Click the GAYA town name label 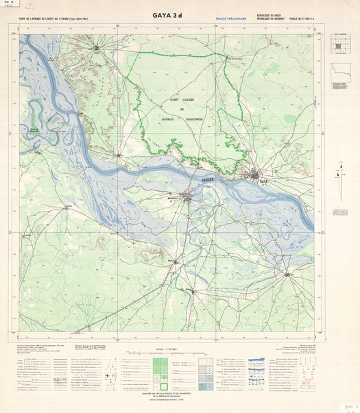[264, 182]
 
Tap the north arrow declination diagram [340, 172]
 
